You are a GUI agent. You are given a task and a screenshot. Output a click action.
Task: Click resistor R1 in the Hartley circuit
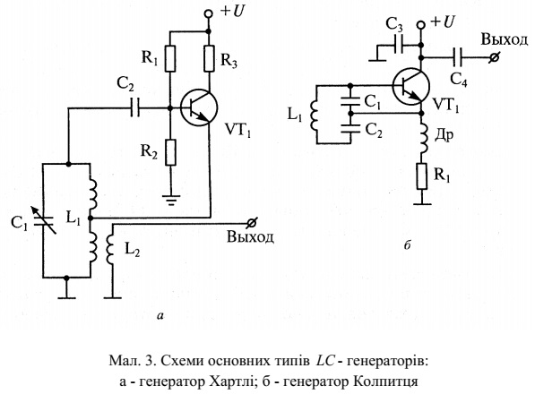pyautogui.click(x=170, y=58)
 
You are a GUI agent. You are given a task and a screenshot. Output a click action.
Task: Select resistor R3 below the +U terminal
pyautogui.click(x=209, y=58)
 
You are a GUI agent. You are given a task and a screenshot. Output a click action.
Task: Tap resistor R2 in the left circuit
pyautogui.click(x=170, y=152)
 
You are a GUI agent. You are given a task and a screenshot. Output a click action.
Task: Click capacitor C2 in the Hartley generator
pyautogui.click(x=135, y=108)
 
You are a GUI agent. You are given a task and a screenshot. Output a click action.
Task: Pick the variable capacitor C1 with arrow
pyautogui.click(x=44, y=221)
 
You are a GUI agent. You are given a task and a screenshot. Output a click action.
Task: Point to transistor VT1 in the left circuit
pyautogui.click(x=199, y=107)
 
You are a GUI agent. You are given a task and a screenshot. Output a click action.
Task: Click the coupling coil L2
pyautogui.click(x=110, y=248)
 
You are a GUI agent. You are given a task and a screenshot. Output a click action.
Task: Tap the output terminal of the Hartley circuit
pyautogui.click(x=252, y=223)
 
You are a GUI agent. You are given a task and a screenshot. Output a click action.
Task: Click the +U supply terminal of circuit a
pyautogui.click(x=208, y=13)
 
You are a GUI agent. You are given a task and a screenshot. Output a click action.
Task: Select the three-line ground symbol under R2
pyautogui.click(x=170, y=200)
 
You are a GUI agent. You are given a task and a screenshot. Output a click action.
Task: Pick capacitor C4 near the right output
pyautogui.click(x=457, y=57)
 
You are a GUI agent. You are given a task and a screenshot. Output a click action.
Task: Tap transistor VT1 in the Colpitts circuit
pyautogui.click(x=410, y=86)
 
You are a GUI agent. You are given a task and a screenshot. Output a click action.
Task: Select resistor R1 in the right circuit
pyautogui.click(x=422, y=176)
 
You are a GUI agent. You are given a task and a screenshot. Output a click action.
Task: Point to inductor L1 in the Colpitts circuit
pyautogui.click(x=315, y=116)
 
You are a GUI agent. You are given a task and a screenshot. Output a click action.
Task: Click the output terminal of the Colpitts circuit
pyautogui.click(x=494, y=57)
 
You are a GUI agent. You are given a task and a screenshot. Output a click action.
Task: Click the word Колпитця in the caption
pyautogui.click(x=385, y=381)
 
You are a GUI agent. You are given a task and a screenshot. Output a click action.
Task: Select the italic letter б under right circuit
pyautogui.click(x=407, y=244)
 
